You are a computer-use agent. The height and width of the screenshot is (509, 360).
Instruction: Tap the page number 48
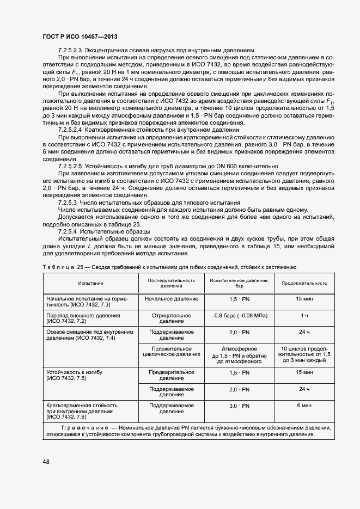46,462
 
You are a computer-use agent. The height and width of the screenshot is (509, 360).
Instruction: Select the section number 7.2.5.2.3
74,50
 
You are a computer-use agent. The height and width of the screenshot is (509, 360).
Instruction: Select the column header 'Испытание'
90,283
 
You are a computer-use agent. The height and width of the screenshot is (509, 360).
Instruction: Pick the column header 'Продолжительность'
304,283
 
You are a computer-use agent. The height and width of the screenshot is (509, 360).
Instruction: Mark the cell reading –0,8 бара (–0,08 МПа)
239,315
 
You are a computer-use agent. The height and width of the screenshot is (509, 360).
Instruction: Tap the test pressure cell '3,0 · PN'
239,406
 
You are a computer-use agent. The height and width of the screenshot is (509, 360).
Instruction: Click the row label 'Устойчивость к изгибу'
75,372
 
